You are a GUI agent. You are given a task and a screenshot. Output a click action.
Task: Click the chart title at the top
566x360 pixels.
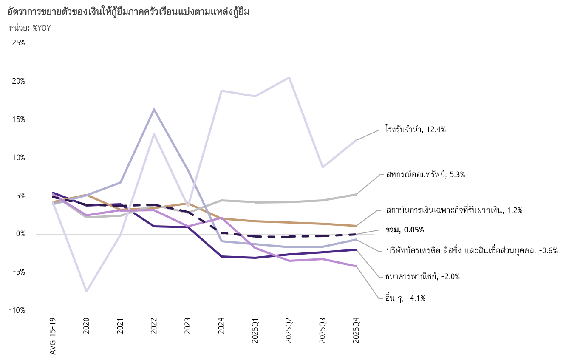[x=128, y=12]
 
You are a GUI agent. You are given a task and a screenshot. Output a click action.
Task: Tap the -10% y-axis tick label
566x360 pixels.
[x=17, y=310]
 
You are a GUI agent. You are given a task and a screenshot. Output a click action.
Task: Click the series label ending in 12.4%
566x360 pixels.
[x=415, y=130]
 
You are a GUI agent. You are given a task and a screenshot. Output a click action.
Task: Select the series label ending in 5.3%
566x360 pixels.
[x=425, y=174]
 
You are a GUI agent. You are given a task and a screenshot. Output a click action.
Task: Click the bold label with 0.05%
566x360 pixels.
[x=405, y=230]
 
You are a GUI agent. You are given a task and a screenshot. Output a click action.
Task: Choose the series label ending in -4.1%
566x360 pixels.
[x=405, y=298]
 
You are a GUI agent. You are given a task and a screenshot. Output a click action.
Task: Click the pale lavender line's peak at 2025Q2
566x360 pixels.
[x=289, y=77]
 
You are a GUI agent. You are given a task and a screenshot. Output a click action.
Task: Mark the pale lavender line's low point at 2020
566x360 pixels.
[x=87, y=291]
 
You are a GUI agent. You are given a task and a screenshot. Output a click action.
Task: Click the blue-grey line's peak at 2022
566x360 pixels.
[x=154, y=109]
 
